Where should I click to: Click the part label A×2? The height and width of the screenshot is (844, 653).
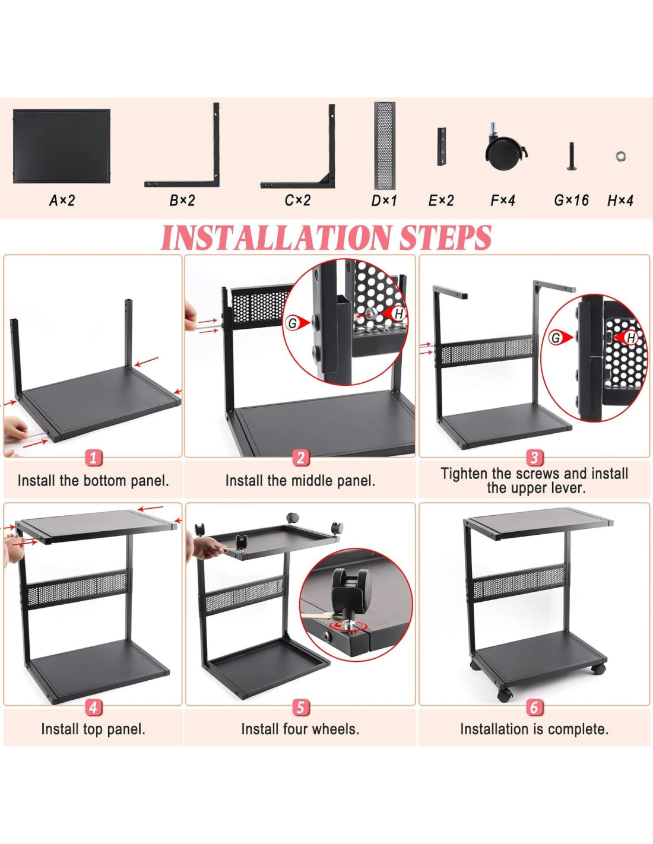(62, 201)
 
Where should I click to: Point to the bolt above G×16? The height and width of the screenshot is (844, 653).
(572, 156)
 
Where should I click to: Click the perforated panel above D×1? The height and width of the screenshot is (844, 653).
(385, 145)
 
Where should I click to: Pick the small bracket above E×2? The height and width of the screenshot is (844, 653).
(441, 147)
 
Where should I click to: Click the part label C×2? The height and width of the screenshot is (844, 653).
(297, 201)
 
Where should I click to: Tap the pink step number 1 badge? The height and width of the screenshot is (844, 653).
(93, 458)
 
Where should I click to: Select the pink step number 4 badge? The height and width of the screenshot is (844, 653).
(93, 707)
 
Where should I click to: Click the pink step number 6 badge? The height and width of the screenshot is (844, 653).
(534, 707)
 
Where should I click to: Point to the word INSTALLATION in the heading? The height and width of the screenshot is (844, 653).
(275, 237)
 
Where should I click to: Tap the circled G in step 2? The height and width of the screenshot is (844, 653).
(292, 322)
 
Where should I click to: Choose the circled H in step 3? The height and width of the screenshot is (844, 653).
(631, 338)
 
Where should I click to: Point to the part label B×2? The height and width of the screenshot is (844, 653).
(182, 201)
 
